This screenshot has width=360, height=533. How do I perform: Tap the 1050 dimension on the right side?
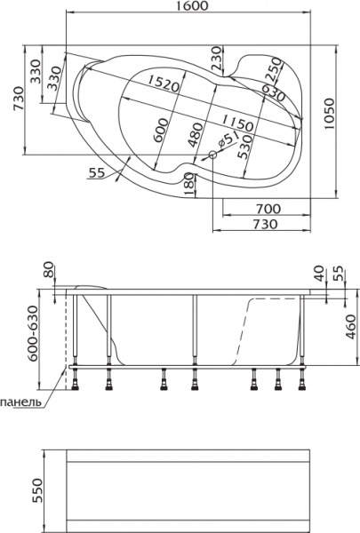pyautogui.click(x=329, y=115)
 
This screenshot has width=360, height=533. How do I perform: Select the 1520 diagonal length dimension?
pyautogui.click(x=164, y=84)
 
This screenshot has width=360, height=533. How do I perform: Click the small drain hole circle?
pyautogui.click(x=213, y=155)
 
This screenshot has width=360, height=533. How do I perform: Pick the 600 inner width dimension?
pyautogui.click(x=161, y=131)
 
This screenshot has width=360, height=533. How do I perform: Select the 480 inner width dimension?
pyautogui.click(x=196, y=135)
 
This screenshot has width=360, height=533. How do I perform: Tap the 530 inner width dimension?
pyautogui.click(x=245, y=147)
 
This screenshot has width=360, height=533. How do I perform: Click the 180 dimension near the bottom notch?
pyautogui.click(x=189, y=184)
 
